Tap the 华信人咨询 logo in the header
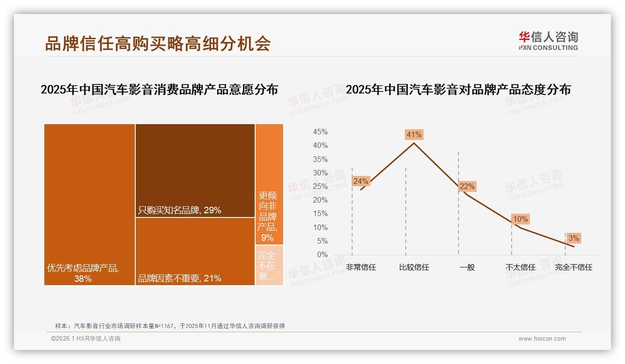point(548,41)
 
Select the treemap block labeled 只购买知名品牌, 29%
point(195,170)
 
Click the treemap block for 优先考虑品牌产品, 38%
point(90,204)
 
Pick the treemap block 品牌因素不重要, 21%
point(195,251)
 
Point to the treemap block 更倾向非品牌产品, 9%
point(269,184)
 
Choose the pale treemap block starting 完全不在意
point(269,265)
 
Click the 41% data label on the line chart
point(414,135)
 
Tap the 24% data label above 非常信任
point(361,181)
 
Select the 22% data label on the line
point(467,187)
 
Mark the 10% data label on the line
point(520,219)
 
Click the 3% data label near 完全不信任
point(574,238)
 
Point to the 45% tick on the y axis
point(320,132)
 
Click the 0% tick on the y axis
point(322,255)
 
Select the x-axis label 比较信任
point(414,268)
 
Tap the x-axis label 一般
point(467,268)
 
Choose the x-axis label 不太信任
point(520,268)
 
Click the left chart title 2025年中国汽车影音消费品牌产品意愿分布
point(159,90)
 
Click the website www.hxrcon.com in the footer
point(542,339)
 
